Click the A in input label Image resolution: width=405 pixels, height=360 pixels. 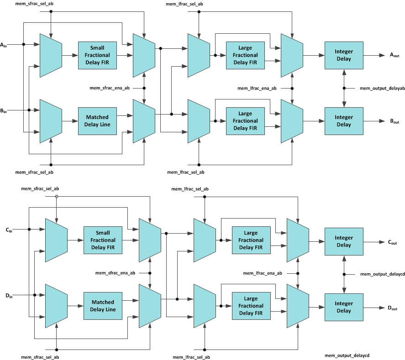pyautogui.click(x=4, y=45)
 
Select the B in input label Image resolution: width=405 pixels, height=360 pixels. pyautogui.click(x=4, y=110)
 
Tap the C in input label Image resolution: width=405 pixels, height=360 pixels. pyautogui.click(x=9, y=230)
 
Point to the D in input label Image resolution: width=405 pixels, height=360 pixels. pyautogui.click(x=9, y=296)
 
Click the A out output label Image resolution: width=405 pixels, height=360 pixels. pyautogui.click(x=394, y=55)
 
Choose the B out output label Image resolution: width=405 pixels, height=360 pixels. pyautogui.click(x=394, y=121)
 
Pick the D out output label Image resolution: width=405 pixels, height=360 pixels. pyautogui.click(x=392, y=308)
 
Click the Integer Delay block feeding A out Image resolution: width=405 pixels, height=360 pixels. pyautogui.click(x=344, y=55)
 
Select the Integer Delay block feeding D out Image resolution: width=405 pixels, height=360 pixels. pyautogui.click(x=344, y=307)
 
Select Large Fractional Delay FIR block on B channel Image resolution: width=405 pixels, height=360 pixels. pyautogui.click(x=245, y=121)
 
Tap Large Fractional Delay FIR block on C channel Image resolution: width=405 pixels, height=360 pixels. pyautogui.click(x=251, y=240)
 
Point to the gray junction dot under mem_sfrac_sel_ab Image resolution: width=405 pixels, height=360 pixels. pyautogui.click(x=56, y=197)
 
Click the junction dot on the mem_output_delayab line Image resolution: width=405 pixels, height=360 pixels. pyautogui.click(x=344, y=88)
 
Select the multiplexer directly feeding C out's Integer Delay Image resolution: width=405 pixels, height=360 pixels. pyautogui.click(x=297, y=240)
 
